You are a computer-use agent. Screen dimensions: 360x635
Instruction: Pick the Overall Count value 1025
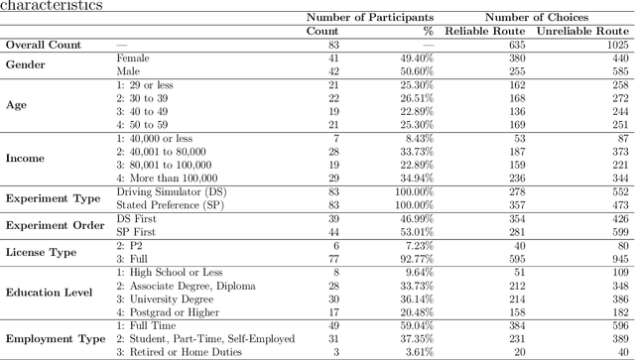pyautogui.click(x=614, y=45)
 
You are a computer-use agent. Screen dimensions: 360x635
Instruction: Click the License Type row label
pyautogui.click(x=42, y=253)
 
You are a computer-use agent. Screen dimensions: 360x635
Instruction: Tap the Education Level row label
pyautogui.click(x=49, y=294)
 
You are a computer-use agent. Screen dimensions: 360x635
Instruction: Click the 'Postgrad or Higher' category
pyautogui.click(x=165, y=313)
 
